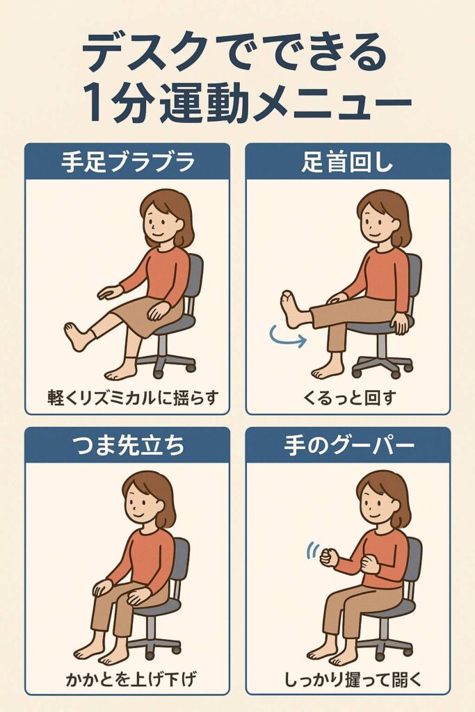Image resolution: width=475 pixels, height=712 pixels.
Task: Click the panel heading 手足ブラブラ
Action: click(x=128, y=161)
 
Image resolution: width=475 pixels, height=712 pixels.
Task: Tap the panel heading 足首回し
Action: click(x=348, y=161)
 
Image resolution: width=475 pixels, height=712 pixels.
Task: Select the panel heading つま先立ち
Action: click(x=128, y=445)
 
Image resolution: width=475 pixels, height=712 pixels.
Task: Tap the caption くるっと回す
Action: click(x=348, y=398)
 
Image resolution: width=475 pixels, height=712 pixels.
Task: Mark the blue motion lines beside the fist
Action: click(x=312, y=551)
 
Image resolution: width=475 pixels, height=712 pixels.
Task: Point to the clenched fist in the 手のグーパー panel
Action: click(x=328, y=557)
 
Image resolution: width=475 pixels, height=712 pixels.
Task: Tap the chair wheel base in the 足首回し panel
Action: click(x=383, y=365)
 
